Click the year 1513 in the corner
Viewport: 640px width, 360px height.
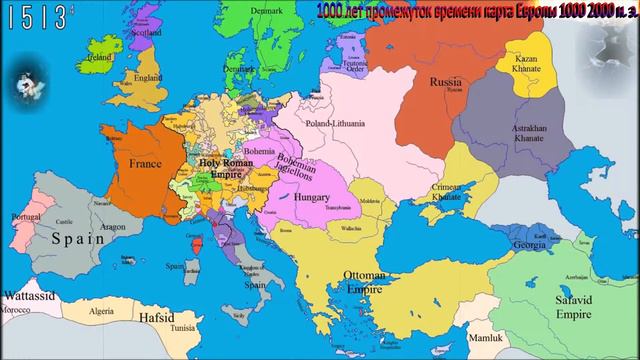click(x=30, y=17)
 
